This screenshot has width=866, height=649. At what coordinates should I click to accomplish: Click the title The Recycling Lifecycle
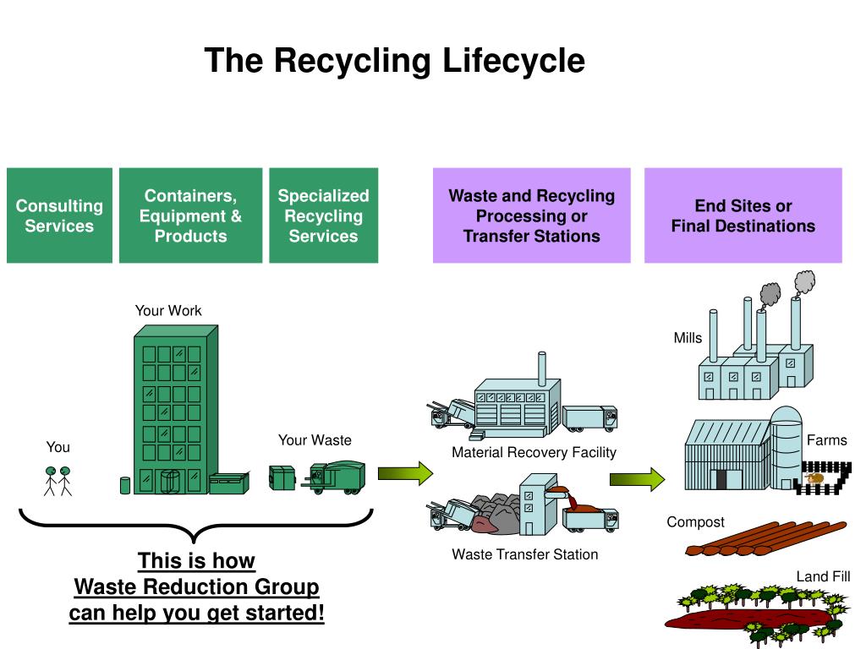(394, 60)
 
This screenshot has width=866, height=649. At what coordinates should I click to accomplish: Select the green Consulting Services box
(60, 215)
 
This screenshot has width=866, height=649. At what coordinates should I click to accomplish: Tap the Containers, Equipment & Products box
(190, 215)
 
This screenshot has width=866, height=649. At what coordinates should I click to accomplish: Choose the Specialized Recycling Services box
(324, 215)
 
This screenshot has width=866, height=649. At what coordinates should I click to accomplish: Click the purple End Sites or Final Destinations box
(743, 215)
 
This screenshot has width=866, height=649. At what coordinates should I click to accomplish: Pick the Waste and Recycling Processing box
(531, 215)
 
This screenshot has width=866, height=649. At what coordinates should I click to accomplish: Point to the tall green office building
(176, 410)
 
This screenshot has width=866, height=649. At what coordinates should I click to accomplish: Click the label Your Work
(168, 311)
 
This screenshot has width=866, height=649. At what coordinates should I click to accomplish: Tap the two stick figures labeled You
(58, 481)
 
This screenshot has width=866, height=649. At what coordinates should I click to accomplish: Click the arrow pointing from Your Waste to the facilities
(405, 473)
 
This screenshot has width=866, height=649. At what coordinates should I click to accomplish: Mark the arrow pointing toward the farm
(638, 479)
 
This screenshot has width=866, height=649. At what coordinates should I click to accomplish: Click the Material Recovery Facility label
(534, 453)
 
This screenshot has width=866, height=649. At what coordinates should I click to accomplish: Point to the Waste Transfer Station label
(524, 554)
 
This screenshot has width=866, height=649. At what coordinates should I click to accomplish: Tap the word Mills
(688, 338)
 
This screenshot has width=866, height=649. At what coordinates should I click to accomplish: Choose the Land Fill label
(823, 576)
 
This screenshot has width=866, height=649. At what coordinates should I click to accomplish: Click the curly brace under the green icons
(195, 524)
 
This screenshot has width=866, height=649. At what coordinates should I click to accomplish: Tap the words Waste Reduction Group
(196, 586)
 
